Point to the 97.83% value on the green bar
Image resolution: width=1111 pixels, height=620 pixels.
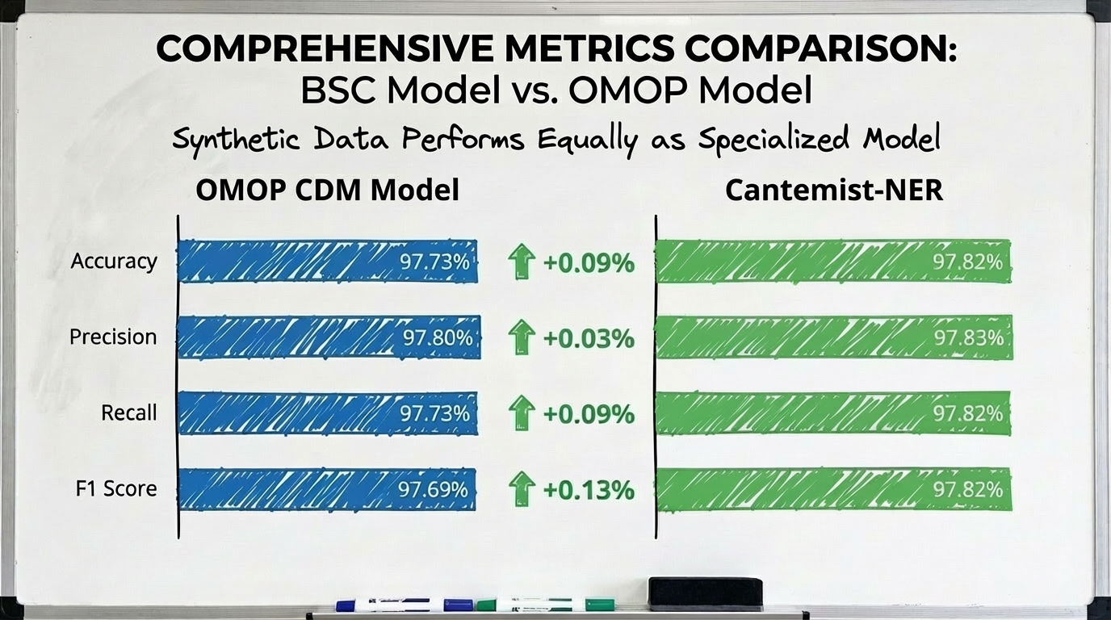coord(968,337)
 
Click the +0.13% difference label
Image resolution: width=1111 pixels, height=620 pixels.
coord(588,489)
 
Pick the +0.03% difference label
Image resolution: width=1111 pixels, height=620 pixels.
coord(588,338)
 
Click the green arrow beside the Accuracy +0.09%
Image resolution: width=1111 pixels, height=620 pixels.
coord(522,262)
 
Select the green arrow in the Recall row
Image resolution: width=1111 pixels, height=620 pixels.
coord(522,414)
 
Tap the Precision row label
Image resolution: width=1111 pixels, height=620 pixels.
coord(113,337)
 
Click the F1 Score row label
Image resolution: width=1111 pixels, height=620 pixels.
coord(114,488)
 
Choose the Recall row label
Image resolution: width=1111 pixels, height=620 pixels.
coord(128,413)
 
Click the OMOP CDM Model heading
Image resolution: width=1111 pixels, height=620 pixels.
coord(327,191)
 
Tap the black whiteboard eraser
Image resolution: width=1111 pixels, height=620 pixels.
coord(705,594)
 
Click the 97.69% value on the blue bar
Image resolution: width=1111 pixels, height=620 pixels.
coord(433,489)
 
